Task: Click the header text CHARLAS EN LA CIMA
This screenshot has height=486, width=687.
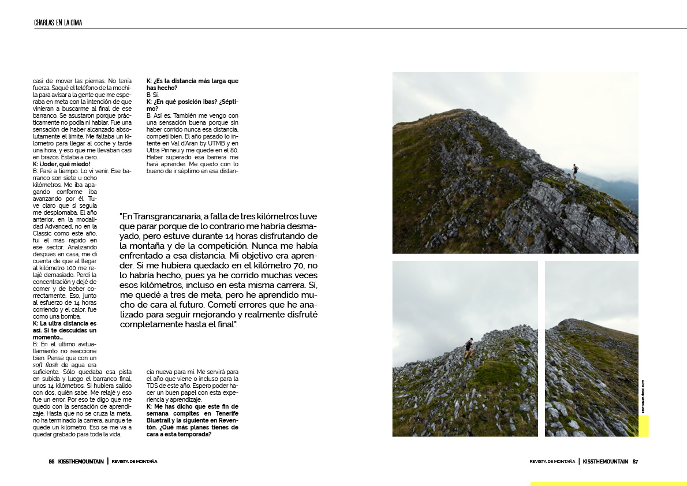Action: tap(58, 23)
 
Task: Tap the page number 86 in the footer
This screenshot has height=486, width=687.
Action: tap(51, 461)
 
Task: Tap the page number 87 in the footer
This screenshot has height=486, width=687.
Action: tap(635, 461)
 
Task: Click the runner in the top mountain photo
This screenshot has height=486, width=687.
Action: tap(574, 169)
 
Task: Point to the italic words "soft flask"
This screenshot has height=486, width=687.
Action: tap(46, 365)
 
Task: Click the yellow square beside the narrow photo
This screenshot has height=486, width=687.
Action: tap(643, 425)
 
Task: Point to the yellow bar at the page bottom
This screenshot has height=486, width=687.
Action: tap(608, 484)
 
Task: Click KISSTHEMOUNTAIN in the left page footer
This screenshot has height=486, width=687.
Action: tap(81, 461)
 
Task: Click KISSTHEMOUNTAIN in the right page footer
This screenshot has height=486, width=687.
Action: tap(605, 461)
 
